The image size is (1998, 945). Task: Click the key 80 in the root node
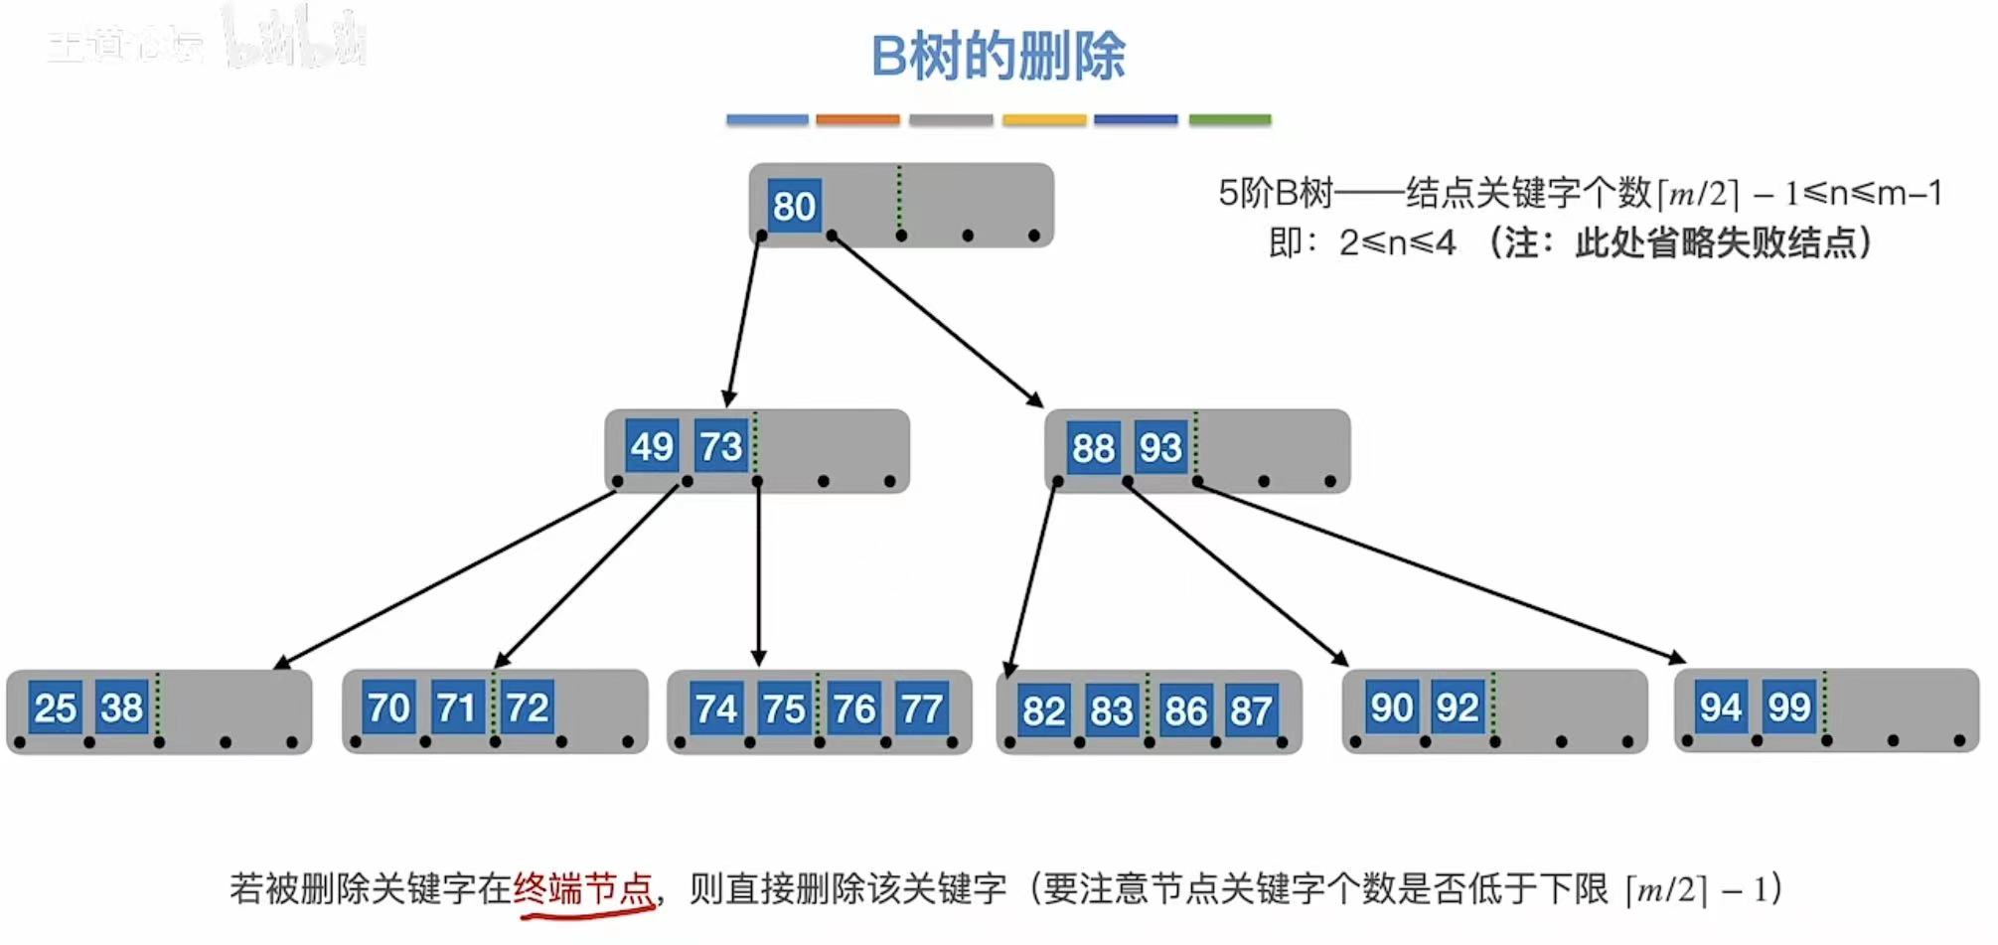click(x=794, y=206)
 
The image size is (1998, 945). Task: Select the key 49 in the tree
click(x=652, y=446)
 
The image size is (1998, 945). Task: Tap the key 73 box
click(x=720, y=446)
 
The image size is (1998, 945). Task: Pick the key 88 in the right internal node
click(x=1093, y=448)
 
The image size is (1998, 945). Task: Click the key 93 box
click(x=1160, y=448)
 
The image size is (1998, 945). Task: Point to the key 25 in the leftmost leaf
click(x=55, y=708)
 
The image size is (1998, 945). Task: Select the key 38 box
click(x=122, y=708)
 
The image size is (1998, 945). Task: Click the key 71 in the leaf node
click(x=457, y=708)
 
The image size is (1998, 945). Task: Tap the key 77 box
click(x=921, y=709)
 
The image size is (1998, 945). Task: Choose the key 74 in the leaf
click(x=716, y=709)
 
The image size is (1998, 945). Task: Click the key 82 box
click(x=1043, y=710)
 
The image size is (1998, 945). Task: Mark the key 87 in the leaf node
click(x=1251, y=710)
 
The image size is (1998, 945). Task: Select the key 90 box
click(x=1391, y=708)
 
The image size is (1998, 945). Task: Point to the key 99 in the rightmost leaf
click(x=1789, y=707)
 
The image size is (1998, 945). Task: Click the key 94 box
click(x=1721, y=707)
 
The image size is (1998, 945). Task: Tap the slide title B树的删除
click(x=998, y=56)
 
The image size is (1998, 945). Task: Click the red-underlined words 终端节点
click(x=583, y=887)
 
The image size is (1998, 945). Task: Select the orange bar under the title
click(x=857, y=119)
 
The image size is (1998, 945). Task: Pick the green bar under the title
click(x=1229, y=119)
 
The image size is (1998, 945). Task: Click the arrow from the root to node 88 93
click(x=937, y=320)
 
